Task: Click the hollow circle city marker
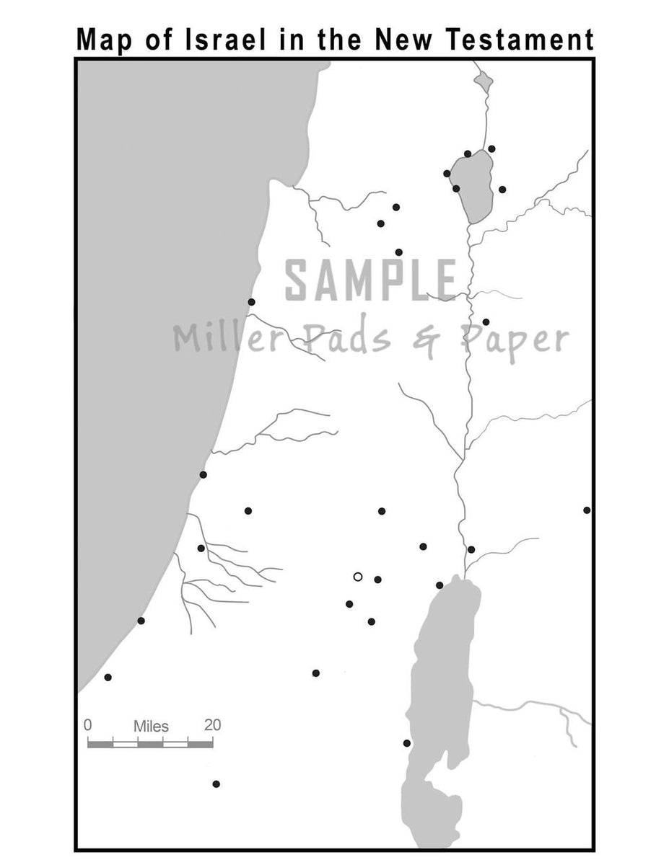click(357, 577)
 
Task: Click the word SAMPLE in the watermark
click(371, 281)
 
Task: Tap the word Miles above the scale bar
click(151, 726)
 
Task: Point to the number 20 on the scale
click(212, 725)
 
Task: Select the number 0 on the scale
click(88, 725)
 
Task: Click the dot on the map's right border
click(587, 510)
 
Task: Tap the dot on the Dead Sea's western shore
click(407, 743)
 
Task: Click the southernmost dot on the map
click(216, 784)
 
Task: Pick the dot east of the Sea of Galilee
click(502, 190)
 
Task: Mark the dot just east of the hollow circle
click(377, 580)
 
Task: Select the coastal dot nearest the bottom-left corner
click(108, 678)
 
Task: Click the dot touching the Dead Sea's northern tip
click(440, 585)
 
